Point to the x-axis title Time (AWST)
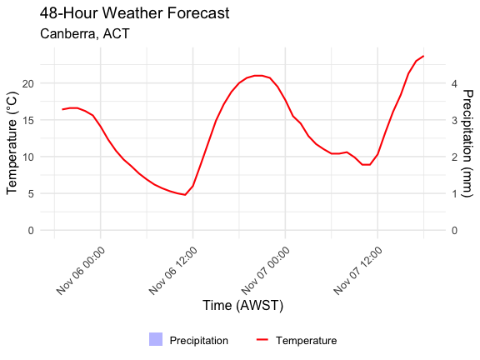[x=242, y=306]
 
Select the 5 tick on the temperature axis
[x=30, y=193]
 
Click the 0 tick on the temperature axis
[x=30, y=230]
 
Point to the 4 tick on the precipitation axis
[x=454, y=83]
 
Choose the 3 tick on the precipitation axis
[x=454, y=120]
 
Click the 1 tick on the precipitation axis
[x=454, y=193]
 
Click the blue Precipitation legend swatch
[x=156, y=339]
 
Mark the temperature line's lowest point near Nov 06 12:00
[x=185, y=195]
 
